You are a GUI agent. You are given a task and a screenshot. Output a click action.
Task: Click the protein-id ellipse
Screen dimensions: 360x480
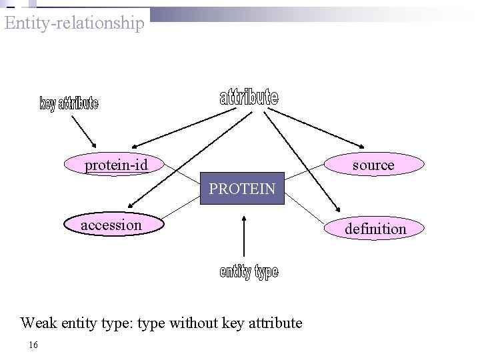point(115,164)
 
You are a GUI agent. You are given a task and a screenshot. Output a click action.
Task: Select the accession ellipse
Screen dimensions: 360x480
point(111,225)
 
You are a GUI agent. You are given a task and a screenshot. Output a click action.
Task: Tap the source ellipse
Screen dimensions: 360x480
point(373,165)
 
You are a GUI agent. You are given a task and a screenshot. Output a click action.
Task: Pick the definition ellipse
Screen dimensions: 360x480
point(375,229)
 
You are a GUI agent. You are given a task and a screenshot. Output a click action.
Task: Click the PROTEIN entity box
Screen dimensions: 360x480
point(242,189)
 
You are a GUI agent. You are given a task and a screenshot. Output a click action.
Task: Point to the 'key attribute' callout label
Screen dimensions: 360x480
point(69,103)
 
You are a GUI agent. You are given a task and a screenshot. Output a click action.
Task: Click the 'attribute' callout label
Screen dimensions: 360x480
point(249,97)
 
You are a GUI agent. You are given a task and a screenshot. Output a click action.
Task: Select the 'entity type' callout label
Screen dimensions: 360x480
point(249,271)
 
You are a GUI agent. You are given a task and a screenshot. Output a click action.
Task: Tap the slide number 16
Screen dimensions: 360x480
point(33,345)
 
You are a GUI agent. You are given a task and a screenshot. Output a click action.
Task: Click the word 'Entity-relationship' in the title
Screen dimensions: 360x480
point(74,23)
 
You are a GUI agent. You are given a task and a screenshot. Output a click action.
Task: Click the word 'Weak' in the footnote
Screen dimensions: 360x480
point(38,323)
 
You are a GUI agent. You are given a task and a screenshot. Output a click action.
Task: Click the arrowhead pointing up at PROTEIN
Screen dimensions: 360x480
point(245,218)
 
